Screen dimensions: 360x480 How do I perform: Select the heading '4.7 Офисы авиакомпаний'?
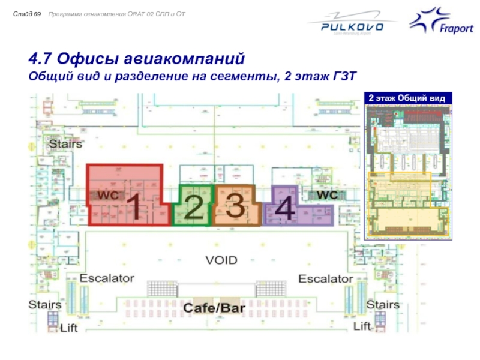[137, 60]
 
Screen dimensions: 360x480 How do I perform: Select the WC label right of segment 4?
[327, 195]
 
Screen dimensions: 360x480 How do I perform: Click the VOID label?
[221, 260]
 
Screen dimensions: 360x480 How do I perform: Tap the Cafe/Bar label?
[214, 307]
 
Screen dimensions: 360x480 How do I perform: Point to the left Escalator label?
[107, 279]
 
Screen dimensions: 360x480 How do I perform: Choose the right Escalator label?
[326, 279]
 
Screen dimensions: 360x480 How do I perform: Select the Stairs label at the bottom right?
[383, 305]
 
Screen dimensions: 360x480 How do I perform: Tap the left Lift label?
[68, 328]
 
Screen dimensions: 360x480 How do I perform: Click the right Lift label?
[362, 326]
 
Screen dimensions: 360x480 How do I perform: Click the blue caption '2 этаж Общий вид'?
[406, 98]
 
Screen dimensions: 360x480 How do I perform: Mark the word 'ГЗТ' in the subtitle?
[344, 77]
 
